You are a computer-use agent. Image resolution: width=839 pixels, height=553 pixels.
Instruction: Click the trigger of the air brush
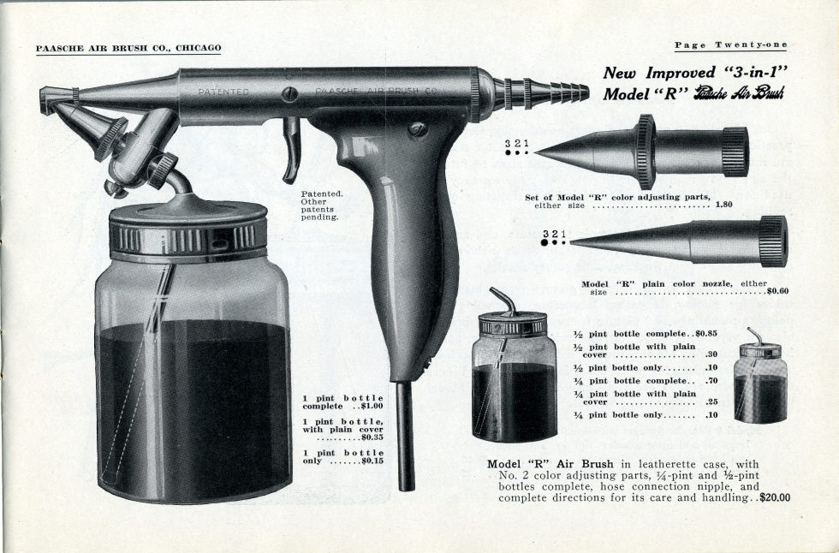tap(292, 150)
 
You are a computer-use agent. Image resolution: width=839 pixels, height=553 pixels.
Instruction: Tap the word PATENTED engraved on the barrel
tap(223, 92)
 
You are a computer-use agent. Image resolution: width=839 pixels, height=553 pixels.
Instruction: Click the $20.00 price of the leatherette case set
tap(775, 498)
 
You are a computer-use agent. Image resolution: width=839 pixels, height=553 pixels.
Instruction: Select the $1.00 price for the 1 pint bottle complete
tap(372, 406)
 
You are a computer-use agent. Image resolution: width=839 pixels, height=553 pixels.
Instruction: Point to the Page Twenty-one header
tap(730, 45)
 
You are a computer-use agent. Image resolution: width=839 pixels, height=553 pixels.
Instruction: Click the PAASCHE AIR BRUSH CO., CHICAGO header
tap(128, 48)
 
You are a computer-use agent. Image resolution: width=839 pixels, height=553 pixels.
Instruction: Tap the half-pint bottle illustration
tap(513, 366)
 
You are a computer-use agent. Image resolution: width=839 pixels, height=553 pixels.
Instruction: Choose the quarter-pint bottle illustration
tap(760, 377)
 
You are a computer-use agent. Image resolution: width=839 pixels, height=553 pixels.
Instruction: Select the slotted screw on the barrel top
tap(290, 94)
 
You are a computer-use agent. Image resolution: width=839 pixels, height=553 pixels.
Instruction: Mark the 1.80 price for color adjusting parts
tap(723, 205)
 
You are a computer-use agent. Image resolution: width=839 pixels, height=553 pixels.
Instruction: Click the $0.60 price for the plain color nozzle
tap(778, 291)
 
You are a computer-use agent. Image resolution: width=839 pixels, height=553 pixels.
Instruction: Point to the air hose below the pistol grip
tap(406, 436)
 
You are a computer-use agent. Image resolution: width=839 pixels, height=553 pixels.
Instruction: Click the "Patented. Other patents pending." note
tap(320, 205)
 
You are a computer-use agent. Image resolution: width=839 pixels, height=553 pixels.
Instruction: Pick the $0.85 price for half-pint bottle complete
tap(706, 334)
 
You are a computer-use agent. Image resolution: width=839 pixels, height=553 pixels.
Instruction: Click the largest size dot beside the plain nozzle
tap(545, 242)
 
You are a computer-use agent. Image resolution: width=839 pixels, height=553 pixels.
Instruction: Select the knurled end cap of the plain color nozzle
tap(774, 241)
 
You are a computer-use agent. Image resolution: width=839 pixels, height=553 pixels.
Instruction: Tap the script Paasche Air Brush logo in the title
tap(738, 93)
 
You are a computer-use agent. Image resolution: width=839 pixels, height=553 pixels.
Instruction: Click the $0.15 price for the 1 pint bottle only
tap(372, 461)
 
